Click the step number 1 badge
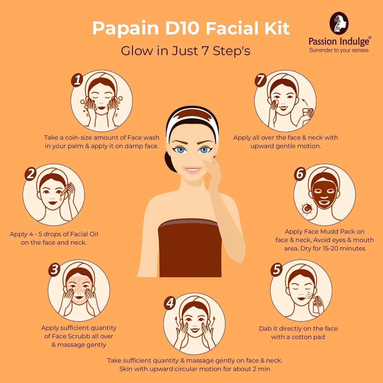click(x=77, y=80)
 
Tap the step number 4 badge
click(x=170, y=303)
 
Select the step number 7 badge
click(x=261, y=80)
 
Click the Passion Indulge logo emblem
click(x=339, y=23)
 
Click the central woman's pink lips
click(x=193, y=170)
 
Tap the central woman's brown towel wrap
click(x=190, y=248)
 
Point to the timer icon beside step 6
click(x=307, y=209)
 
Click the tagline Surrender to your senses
click(x=339, y=50)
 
